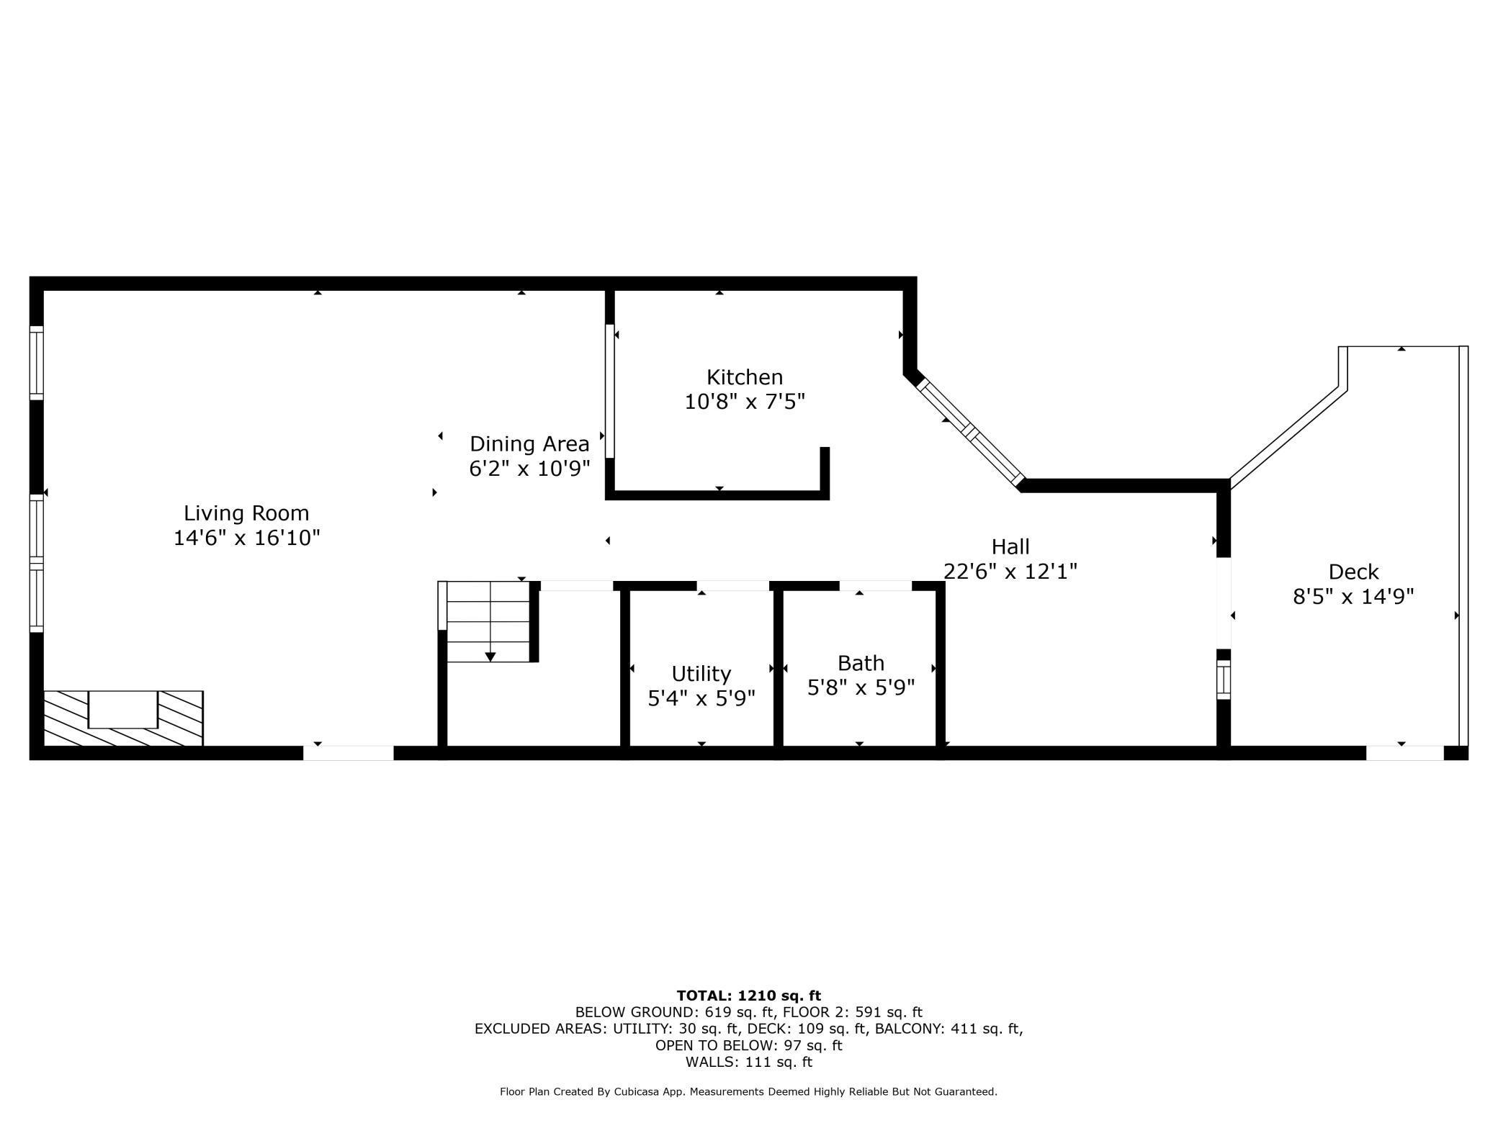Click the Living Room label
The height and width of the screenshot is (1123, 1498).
point(246,513)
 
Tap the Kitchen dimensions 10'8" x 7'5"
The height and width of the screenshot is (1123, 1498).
point(744,401)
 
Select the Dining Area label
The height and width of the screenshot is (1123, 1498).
point(529,443)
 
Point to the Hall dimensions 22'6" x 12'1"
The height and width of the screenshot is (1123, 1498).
point(1010,571)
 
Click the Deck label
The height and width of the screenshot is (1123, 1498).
point(1353,572)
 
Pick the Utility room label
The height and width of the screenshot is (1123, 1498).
point(701,673)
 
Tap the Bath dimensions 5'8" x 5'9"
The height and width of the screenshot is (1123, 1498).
point(861,687)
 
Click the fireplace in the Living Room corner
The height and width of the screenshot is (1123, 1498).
point(123,718)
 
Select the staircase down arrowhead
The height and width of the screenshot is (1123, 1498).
point(490,657)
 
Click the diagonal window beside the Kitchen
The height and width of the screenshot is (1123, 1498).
point(970,432)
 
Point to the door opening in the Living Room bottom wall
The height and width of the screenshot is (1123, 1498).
point(348,753)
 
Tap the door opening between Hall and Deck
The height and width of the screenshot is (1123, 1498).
point(1223,603)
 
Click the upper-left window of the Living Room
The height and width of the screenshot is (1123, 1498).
point(37,362)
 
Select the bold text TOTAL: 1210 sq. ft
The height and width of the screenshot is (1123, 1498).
point(748,996)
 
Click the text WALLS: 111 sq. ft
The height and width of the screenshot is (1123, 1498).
point(748,1062)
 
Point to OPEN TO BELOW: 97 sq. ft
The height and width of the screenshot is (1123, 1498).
point(748,1045)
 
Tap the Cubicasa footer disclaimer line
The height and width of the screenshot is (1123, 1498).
point(748,1092)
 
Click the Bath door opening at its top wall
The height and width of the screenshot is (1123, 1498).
point(875,586)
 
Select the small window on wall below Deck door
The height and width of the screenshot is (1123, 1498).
point(1223,680)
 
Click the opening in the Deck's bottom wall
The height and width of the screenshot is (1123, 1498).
point(1404,753)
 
